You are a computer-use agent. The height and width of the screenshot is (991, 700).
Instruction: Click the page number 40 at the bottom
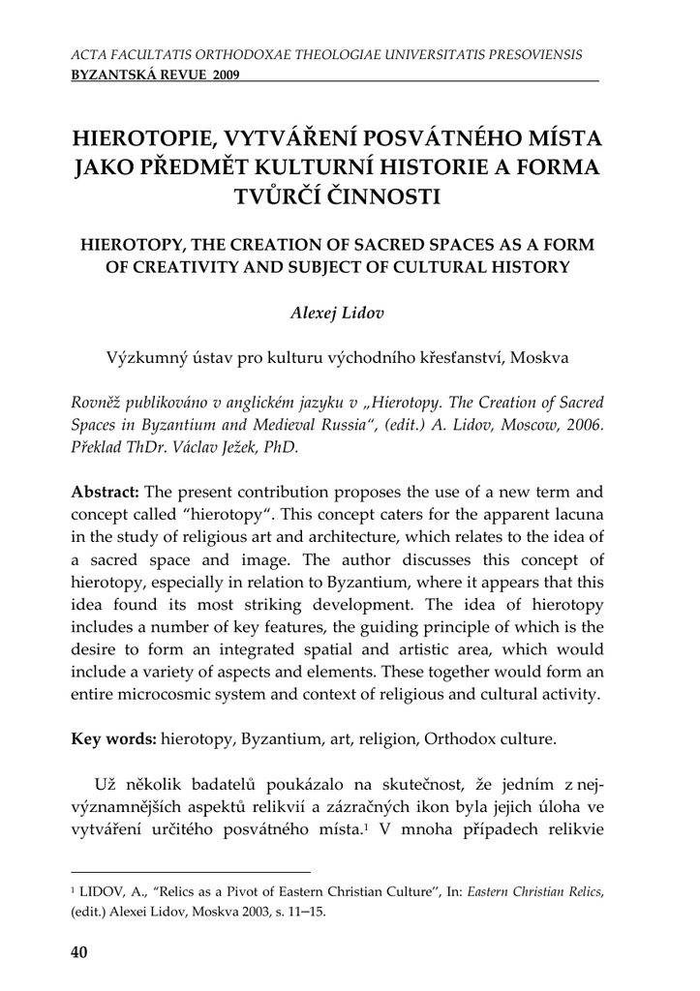(79, 952)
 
